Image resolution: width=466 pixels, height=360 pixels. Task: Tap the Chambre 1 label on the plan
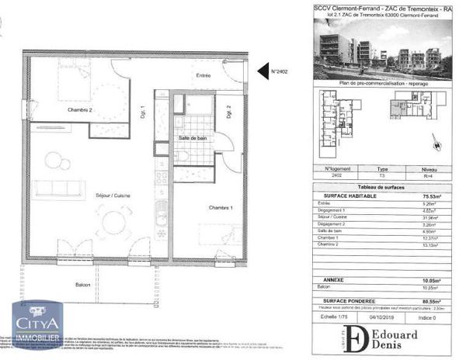pyautogui.click(x=222, y=208)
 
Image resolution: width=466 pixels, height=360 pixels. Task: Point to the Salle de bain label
pyautogui.click(x=194, y=138)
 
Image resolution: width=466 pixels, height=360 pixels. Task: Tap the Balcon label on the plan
pyautogui.click(x=84, y=285)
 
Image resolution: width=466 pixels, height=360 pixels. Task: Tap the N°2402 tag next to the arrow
pyautogui.click(x=280, y=72)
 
